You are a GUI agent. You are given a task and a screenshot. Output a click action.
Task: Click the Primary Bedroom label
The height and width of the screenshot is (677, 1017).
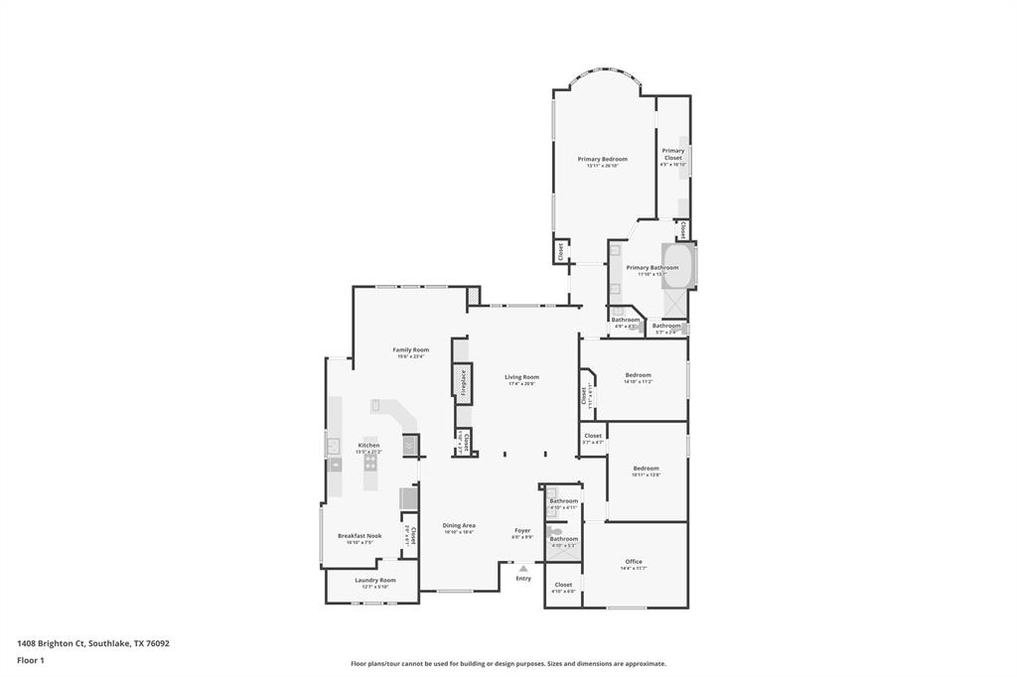tap(603, 159)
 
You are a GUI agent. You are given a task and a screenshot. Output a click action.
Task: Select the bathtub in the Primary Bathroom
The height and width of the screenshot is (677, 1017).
tap(677, 267)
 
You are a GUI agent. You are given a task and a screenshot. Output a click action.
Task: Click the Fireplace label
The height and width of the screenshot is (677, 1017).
tap(462, 383)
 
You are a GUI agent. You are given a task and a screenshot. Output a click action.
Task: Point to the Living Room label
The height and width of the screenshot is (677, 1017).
tap(521, 377)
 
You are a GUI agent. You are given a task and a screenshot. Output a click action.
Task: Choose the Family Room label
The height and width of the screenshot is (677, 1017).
tap(410, 349)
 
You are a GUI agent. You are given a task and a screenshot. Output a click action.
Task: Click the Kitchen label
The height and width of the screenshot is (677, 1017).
tap(368, 446)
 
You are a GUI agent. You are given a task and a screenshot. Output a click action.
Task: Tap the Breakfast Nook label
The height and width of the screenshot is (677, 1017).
tap(360, 536)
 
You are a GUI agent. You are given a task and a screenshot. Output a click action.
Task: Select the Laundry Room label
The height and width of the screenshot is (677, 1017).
tap(374, 581)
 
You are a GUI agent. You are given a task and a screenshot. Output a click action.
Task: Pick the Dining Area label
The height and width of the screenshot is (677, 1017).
tap(459, 525)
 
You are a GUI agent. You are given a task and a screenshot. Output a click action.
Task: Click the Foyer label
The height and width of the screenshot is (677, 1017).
tap(522, 530)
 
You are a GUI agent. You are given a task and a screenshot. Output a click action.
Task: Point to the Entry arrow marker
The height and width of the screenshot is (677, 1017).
tap(523, 568)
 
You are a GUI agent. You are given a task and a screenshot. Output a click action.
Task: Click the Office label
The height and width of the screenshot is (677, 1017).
tap(634, 562)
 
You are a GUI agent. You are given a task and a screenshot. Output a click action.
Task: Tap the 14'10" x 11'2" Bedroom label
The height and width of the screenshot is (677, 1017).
tap(638, 375)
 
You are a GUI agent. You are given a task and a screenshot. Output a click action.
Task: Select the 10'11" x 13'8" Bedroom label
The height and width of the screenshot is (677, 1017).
tap(646, 469)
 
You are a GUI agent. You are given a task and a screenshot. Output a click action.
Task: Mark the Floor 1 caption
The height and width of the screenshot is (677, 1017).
tap(31, 660)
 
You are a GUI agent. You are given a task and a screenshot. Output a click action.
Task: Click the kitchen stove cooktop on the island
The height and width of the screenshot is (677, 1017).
tap(370, 462)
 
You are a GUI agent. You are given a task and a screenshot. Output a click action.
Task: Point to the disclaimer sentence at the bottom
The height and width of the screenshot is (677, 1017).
tap(508, 664)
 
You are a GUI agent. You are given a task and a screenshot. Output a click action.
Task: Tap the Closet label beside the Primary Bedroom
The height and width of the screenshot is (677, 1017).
tap(561, 252)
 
